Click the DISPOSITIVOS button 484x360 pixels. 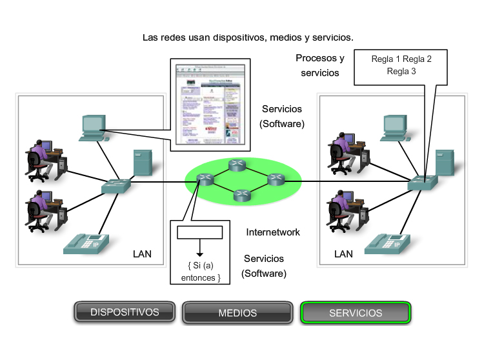point(125,312)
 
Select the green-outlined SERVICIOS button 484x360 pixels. point(355,313)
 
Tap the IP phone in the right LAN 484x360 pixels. point(387,243)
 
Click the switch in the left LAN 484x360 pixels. point(116,186)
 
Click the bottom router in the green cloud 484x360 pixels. point(242,194)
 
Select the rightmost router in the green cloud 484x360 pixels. point(276,179)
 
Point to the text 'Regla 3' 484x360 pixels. point(401,71)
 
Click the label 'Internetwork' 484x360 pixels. point(273,232)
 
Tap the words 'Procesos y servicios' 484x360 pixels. point(320,65)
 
